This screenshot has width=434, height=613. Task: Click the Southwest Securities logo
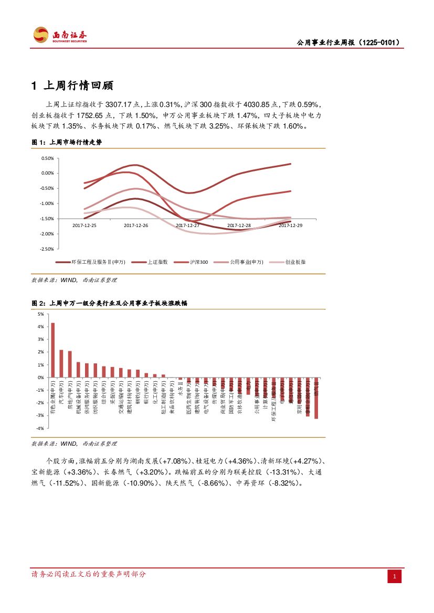60,36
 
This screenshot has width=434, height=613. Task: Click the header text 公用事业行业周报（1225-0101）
348,42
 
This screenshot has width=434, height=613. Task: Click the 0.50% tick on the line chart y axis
48,158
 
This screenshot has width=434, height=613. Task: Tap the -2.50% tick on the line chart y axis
47,249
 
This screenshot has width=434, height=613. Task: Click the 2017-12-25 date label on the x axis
84,225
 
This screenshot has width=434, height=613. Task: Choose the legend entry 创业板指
295,262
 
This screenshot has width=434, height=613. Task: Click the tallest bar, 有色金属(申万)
52,350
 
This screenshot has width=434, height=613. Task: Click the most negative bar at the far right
316,398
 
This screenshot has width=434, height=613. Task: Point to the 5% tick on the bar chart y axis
40,314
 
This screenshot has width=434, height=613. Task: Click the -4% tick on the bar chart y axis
40,428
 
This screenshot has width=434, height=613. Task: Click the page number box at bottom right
395,577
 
